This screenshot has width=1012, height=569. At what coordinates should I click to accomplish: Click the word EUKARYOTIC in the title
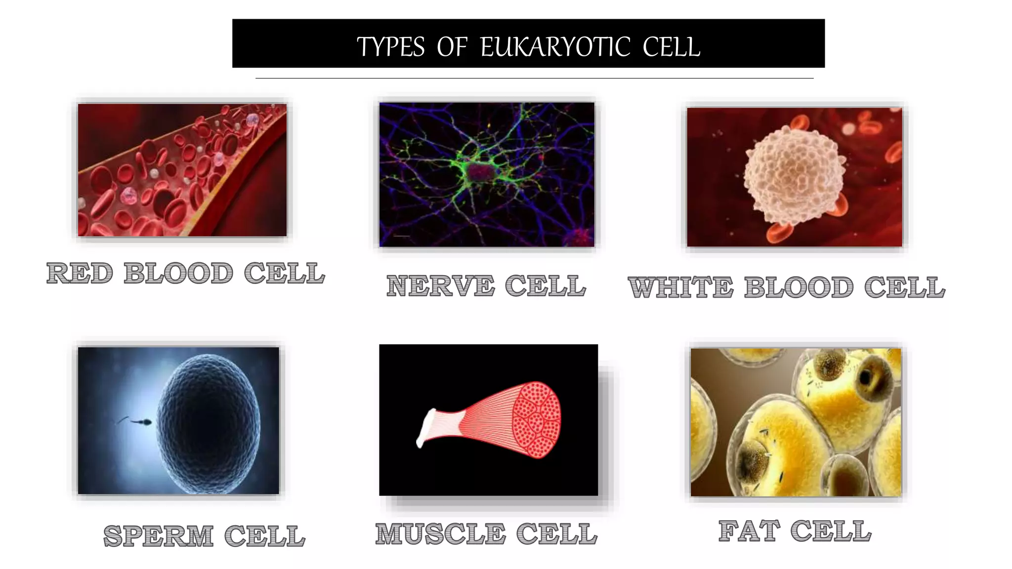(555, 47)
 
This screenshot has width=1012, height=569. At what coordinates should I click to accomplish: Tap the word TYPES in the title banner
(390, 47)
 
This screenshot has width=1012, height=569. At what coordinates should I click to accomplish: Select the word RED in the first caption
(80, 273)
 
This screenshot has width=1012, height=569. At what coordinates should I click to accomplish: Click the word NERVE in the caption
(440, 286)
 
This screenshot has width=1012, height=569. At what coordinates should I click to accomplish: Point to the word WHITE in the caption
(680, 287)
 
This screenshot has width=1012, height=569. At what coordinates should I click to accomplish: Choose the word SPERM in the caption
(158, 536)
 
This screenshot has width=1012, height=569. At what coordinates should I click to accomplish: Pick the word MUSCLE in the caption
(440, 534)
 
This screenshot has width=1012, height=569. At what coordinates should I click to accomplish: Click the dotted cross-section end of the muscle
(537, 419)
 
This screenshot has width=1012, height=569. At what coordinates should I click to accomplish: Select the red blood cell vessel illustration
(182, 169)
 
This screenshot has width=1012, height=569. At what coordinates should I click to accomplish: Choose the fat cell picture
(796, 422)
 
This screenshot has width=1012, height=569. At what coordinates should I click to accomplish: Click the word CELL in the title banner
(671, 47)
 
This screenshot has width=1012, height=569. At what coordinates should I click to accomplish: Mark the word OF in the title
(452, 47)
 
